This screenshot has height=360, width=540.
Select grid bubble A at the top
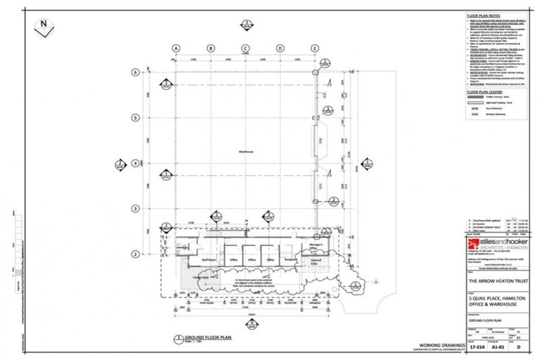[176, 48]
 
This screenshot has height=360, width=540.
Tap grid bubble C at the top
[245, 48]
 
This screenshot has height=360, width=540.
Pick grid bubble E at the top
[314, 48]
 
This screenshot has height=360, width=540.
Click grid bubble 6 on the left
[135, 72]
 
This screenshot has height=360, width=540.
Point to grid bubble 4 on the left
[135, 163]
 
